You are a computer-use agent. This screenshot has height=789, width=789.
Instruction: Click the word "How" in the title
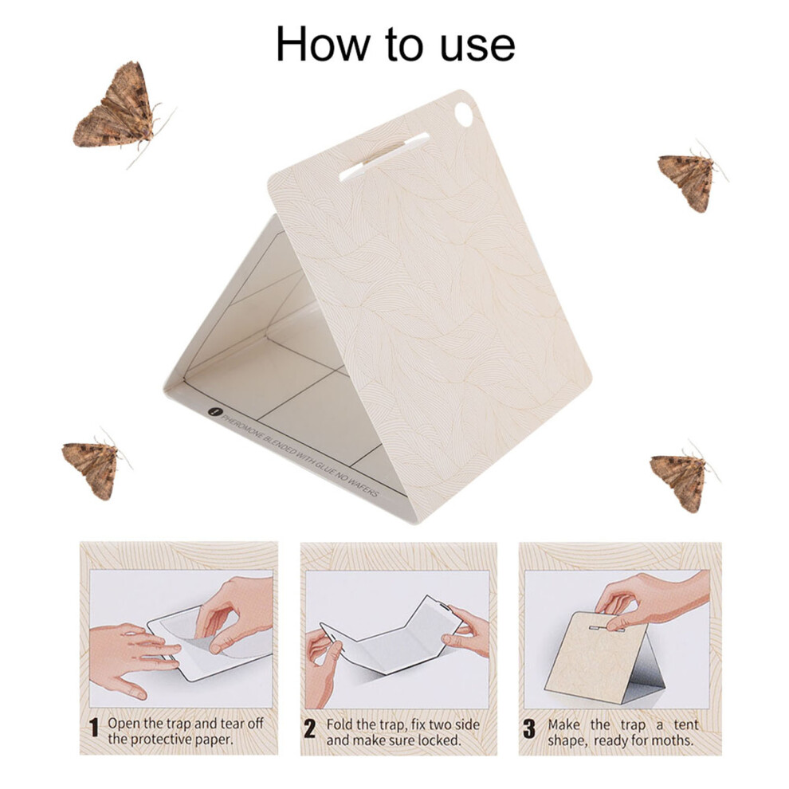[322, 45]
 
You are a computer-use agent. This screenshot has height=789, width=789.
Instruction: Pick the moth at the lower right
[683, 477]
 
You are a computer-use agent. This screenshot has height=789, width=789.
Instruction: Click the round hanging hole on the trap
[463, 115]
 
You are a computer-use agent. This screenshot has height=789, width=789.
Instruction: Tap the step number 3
[529, 729]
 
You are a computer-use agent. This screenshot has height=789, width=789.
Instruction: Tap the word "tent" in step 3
[686, 724]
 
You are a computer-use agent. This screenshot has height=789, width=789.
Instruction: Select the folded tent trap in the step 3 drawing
[605, 657]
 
